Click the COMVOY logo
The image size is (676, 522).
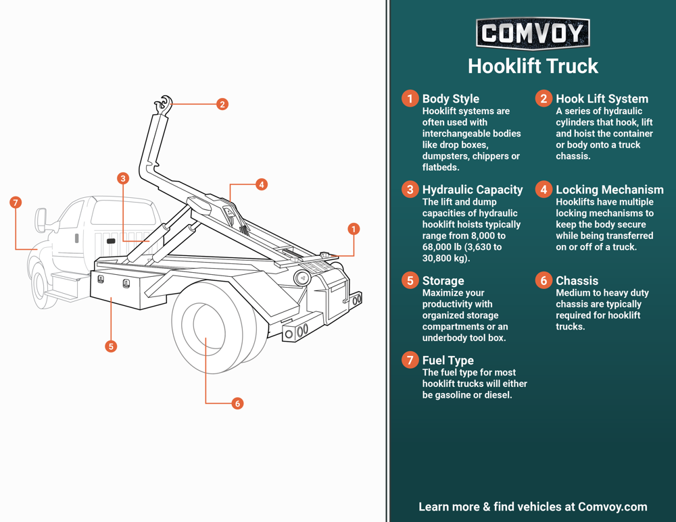point(533,33)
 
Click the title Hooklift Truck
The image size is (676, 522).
point(533,66)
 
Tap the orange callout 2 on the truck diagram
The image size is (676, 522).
point(222,104)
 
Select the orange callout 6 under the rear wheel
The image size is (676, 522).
point(237,403)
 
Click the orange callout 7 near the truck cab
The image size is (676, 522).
point(16,203)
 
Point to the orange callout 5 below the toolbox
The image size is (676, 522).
point(111,346)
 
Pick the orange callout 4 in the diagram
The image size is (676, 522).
point(262,184)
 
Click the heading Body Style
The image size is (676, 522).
point(450,99)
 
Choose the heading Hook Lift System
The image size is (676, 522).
point(602,99)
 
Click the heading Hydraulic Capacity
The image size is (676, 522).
point(472,190)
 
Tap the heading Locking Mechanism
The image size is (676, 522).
point(609,190)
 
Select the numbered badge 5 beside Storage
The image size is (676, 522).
point(410,280)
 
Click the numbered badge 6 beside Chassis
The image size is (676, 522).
point(544,280)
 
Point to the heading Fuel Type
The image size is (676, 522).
point(448,360)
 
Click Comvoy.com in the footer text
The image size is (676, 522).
point(612,506)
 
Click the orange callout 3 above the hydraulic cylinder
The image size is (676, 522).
point(122,178)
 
